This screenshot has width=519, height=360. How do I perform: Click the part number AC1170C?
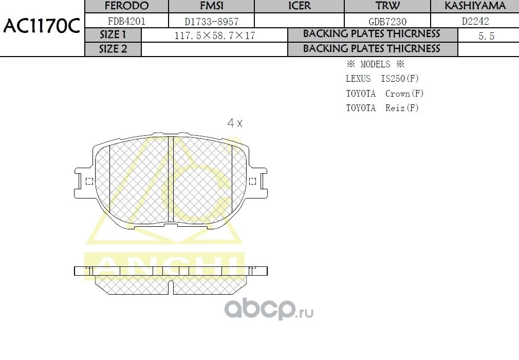[x=42, y=26]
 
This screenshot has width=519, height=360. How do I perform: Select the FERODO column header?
[x=126, y=6]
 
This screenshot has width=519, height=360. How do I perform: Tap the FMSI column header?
[x=211, y=6]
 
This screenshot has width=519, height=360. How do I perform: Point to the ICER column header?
[x=299, y=6]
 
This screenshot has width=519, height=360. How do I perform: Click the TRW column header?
[x=387, y=6]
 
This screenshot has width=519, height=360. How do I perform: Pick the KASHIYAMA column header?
[x=475, y=6]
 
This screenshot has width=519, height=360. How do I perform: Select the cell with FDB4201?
[x=126, y=21]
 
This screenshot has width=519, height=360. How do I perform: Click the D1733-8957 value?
[x=211, y=21]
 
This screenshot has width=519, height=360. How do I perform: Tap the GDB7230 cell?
[x=387, y=21]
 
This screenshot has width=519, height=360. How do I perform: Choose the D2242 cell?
[x=475, y=21]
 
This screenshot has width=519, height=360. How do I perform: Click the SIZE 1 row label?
[x=113, y=35]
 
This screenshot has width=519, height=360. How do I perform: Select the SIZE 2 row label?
[x=113, y=49]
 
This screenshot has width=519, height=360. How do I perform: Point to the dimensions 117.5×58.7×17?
[x=214, y=35]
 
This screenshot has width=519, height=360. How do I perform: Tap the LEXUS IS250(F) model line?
[x=382, y=79]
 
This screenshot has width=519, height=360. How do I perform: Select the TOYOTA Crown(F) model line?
[x=384, y=94]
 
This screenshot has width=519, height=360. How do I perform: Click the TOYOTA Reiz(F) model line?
[x=382, y=108]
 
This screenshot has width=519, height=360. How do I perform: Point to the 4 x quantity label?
[x=235, y=123]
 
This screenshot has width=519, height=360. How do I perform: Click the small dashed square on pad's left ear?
[x=89, y=181]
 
